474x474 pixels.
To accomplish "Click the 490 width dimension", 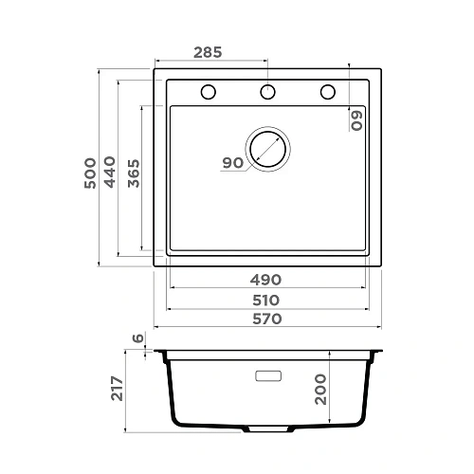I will [x=266, y=280].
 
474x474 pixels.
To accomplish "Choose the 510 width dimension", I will [x=266, y=300].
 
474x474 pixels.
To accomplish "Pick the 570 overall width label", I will [x=266, y=319].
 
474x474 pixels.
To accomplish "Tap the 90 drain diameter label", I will [x=232, y=163].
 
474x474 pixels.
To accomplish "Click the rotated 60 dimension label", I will [x=357, y=119].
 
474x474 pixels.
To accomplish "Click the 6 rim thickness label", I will [x=139, y=338].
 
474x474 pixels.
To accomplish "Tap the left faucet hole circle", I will [x=209, y=92].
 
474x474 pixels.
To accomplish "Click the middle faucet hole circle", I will [x=268, y=92].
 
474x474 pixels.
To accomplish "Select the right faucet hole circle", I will [x=328, y=92].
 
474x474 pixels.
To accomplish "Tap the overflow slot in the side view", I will [x=268, y=375].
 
